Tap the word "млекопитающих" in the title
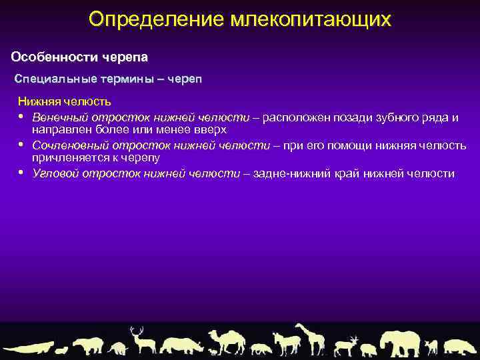[311, 19]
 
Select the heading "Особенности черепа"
[79, 55]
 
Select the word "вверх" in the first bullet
[211, 129]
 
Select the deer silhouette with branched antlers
[141, 339]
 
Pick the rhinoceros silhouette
[183, 345]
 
